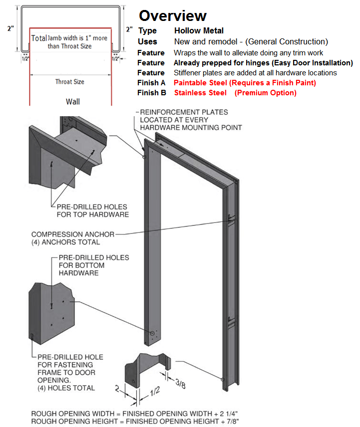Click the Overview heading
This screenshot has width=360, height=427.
point(172,15)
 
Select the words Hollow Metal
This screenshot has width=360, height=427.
point(199,31)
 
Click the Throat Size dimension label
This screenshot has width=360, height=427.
point(69,82)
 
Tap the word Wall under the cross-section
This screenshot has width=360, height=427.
point(73,102)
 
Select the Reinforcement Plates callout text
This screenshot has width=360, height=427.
point(191,120)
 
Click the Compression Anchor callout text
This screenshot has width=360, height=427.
point(73,238)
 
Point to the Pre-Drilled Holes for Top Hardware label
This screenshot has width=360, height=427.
point(89,211)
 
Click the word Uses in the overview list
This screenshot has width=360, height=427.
point(147,41)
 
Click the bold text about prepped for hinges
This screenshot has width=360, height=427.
point(263,63)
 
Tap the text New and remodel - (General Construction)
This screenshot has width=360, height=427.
point(251,41)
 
